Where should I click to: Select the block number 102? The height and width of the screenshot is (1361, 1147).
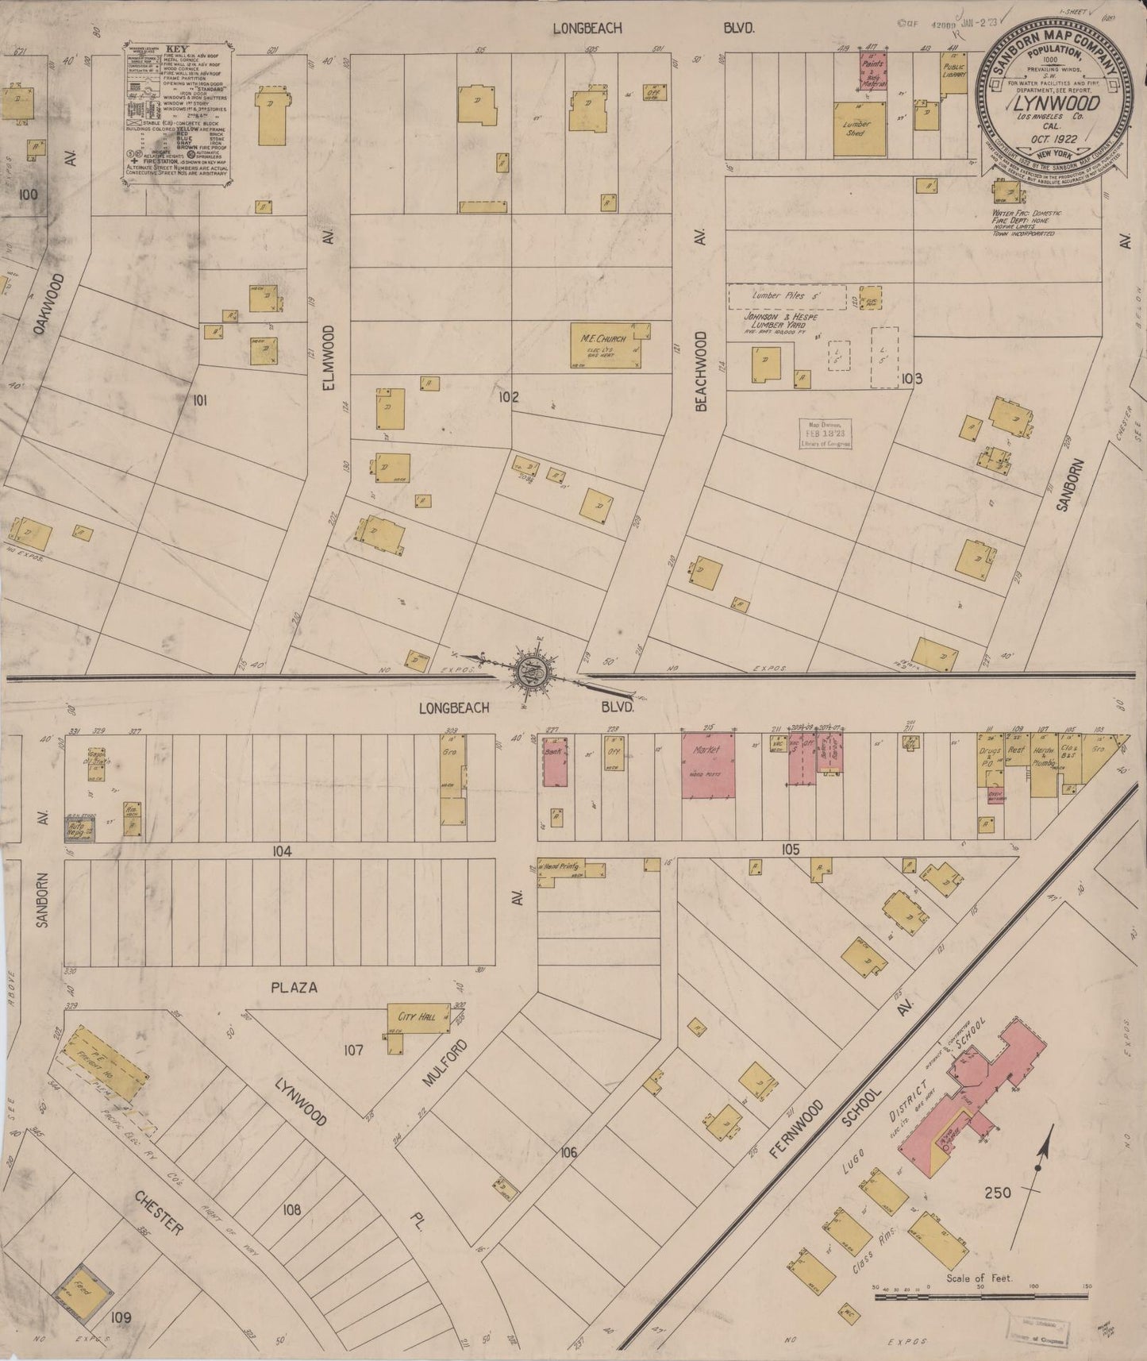click(508, 397)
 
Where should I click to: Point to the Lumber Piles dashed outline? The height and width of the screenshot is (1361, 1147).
click(787, 296)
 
